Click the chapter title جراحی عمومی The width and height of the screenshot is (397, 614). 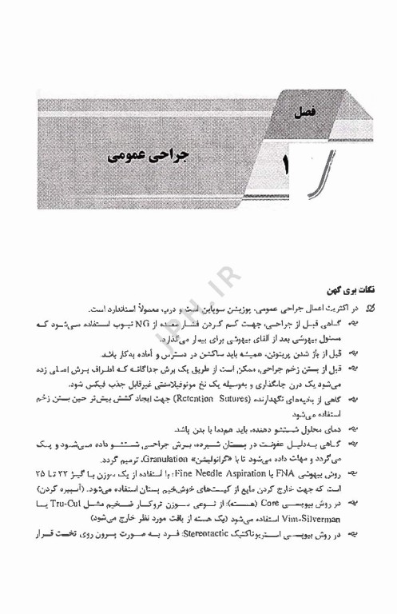145,153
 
